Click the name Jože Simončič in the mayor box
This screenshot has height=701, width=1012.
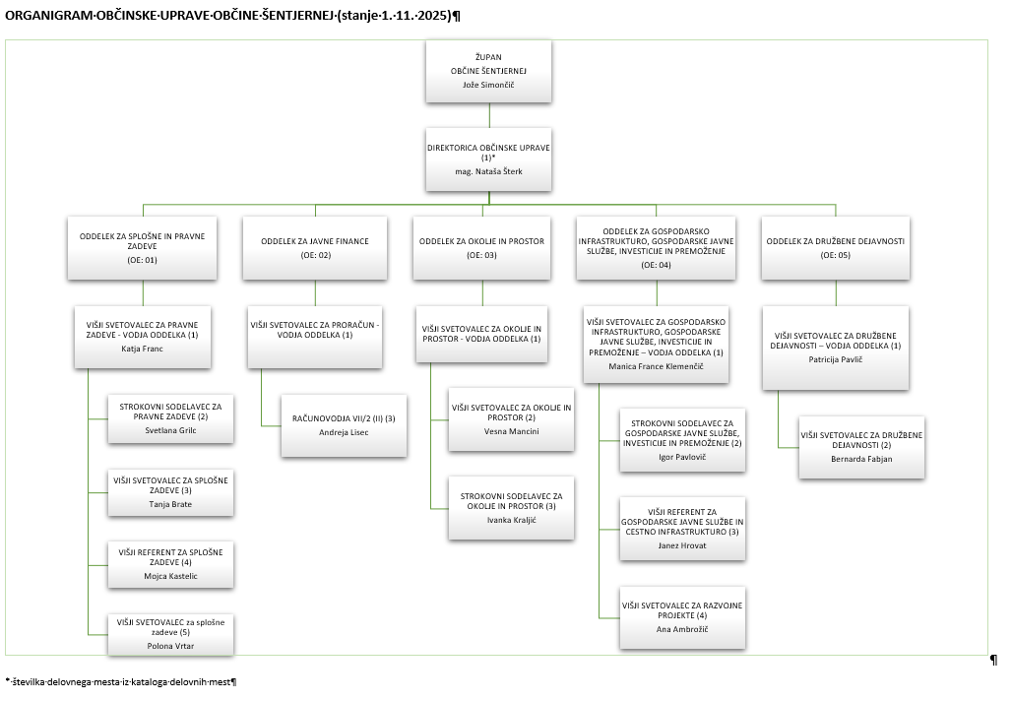click(489, 85)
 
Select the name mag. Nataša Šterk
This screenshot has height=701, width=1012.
click(489, 171)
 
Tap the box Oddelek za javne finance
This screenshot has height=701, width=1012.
click(316, 246)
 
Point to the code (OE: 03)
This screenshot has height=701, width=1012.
click(482, 255)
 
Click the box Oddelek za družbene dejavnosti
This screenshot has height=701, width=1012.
click(836, 246)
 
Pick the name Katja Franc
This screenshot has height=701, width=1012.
click(144, 349)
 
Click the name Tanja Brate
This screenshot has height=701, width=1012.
click(170, 504)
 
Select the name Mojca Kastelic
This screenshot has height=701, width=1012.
click(170, 576)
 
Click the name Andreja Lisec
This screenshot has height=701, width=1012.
click(344, 432)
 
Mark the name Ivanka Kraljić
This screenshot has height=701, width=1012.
click(512, 519)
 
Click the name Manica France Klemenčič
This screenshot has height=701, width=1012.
click(656, 366)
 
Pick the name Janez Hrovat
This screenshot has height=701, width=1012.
click(682, 545)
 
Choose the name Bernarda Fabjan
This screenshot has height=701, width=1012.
click(861, 458)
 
